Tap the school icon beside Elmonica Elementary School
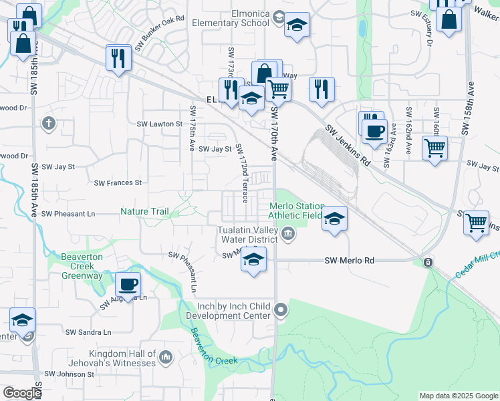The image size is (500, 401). pos(297,26)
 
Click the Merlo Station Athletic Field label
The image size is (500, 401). pos(296,211)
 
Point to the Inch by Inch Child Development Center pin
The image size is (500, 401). pos(281,310)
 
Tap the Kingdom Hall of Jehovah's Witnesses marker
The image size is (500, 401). pos(166,358)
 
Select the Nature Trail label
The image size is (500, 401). pos(144,212)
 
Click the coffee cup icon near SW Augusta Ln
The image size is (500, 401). pos(128,285)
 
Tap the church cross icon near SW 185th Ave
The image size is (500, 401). pos(48,123)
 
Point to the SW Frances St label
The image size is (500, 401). pos(118,182)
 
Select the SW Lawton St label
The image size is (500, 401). pos(160,124)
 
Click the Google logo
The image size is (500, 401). pos(22,393)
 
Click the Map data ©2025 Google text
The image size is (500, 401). pos(458,396)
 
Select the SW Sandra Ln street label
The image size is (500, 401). pos(88,332)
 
